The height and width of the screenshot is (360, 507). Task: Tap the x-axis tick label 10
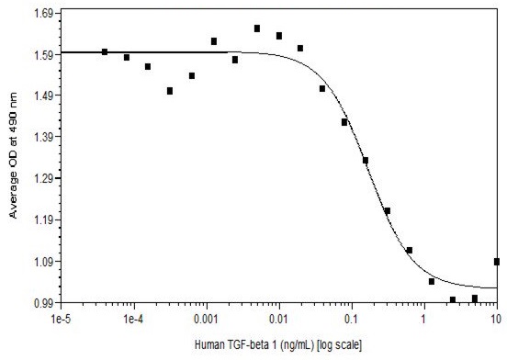point(495,320)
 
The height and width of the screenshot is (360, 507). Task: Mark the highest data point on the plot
point(257,28)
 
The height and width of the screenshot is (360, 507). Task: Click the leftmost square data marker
point(105,52)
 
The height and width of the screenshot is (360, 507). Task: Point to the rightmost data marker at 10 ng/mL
point(496,262)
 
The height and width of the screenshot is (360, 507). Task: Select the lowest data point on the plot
point(453,299)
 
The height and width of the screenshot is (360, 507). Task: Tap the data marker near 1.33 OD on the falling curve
point(366,161)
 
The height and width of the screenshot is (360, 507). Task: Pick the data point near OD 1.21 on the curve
point(388,211)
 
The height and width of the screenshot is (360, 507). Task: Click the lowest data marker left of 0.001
point(170,91)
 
